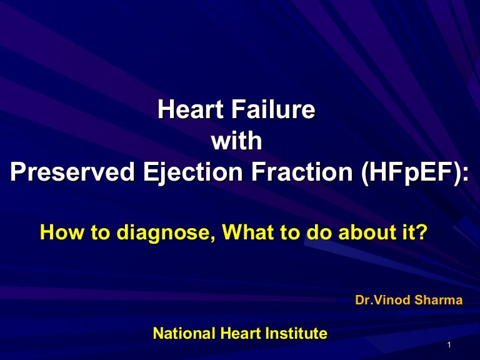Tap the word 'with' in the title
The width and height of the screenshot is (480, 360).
(236, 141)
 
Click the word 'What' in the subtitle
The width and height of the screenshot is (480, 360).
(247, 233)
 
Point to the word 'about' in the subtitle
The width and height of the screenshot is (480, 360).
(369, 233)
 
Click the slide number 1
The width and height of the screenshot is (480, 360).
(450, 346)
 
